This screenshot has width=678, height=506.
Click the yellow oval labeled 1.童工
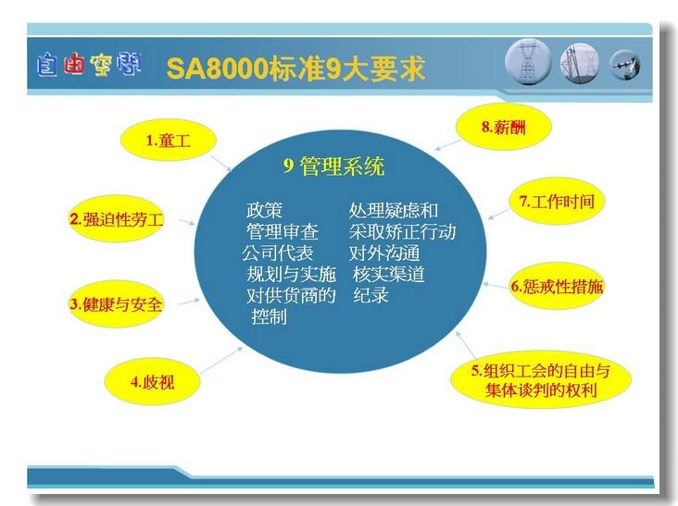(168, 140)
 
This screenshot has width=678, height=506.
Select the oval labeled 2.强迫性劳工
(117, 219)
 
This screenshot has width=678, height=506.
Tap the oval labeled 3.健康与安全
(116, 304)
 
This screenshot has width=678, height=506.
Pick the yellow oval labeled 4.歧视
(152, 382)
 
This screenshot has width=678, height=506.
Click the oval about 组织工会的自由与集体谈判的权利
(541, 379)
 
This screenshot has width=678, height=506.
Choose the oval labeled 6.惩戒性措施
(557, 286)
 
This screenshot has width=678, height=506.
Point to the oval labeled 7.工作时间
(557, 201)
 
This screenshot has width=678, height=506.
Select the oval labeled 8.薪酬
(504, 127)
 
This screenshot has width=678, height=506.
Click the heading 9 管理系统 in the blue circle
(333, 167)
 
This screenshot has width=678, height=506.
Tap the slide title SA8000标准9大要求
(295, 68)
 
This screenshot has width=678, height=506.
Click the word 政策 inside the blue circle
(264, 211)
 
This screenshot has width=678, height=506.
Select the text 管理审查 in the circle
(282, 232)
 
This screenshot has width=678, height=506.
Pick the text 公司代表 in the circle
(277, 253)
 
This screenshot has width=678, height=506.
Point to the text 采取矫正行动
(402, 232)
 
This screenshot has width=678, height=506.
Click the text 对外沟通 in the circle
(384, 253)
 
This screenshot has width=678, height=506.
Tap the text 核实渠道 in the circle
(389, 274)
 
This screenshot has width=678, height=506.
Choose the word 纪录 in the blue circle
(371, 295)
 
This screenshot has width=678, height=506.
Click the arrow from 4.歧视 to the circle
(221, 360)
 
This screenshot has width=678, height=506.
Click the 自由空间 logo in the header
(89, 65)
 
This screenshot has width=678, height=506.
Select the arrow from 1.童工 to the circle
(221, 164)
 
